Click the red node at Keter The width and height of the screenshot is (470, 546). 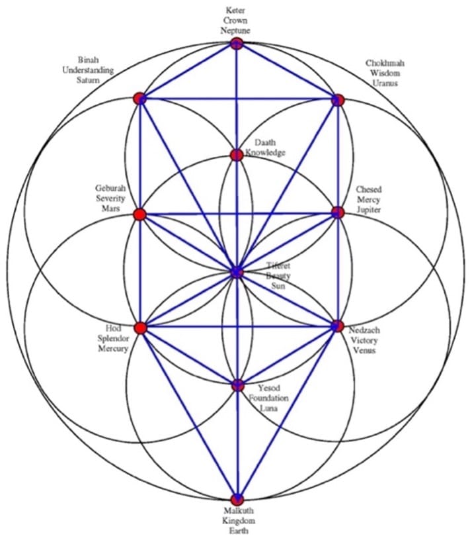click(x=237, y=44)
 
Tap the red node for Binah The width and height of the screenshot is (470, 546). click(x=139, y=99)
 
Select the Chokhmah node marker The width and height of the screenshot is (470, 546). click(x=337, y=100)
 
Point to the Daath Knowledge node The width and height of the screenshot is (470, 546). click(x=237, y=155)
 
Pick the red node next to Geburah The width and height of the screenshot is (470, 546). click(x=139, y=214)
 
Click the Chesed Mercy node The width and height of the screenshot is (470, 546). click(x=338, y=212)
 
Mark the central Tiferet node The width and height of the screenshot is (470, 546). click(x=237, y=271)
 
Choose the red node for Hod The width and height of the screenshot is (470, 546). click(x=139, y=328)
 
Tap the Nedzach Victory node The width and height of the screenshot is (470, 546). click(x=337, y=326)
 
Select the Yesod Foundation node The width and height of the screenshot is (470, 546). click(x=237, y=385)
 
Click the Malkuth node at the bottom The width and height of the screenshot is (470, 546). click(x=237, y=499)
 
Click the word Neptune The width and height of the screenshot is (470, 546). click(x=236, y=30)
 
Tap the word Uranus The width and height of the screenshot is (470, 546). click(x=385, y=82)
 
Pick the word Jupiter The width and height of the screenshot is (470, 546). click(x=368, y=208)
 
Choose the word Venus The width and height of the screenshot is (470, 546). click(x=364, y=350)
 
